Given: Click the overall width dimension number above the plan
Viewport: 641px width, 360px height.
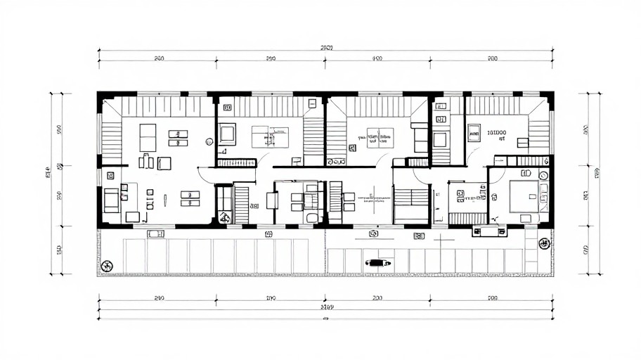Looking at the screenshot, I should pyautogui.click(x=325, y=48).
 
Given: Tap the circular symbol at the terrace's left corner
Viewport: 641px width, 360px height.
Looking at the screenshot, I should pyautogui.click(x=107, y=265).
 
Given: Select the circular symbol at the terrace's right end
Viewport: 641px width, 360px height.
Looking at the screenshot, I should pyautogui.click(x=544, y=243).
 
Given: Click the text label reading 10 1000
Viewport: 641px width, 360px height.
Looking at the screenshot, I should pyautogui.click(x=501, y=131).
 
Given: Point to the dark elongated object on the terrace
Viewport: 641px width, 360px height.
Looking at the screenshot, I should pyautogui.click(x=377, y=263).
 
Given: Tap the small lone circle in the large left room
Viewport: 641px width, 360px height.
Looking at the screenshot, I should pyautogui.click(x=209, y=141).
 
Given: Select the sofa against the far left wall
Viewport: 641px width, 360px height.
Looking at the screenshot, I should pyautogui.click(x=111, y=200).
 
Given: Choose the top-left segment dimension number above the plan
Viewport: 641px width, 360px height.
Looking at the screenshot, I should pyautogui.click(x=158, y=59).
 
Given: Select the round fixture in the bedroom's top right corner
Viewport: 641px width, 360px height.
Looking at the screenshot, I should pyautogui.click(x=543, y=174).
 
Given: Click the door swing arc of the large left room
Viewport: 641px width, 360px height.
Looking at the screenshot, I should pyautogui.click(x=205, y=174).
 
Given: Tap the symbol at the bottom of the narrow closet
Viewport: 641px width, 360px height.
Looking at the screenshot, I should pyautogui.click(x=224, y=217).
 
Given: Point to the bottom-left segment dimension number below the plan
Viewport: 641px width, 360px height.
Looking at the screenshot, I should pyautogui.click(x=158, y=298).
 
